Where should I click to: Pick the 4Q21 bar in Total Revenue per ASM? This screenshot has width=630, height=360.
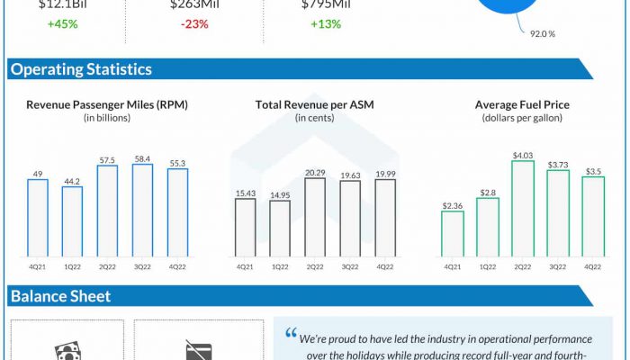pos(245,225)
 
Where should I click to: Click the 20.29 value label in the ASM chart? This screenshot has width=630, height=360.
pos(315,172)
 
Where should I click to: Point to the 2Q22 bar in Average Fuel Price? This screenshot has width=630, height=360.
pos(523,206)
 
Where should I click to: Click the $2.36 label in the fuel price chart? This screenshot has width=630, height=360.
pos(453,205)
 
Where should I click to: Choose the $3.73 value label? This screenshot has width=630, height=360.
pos(558,164)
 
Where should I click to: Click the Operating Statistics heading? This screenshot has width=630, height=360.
pos(81,69)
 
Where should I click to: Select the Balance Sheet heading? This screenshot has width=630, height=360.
pos(60,296)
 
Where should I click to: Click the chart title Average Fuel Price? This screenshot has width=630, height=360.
pos(522,105)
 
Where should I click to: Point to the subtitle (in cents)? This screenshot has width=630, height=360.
pos(314,119)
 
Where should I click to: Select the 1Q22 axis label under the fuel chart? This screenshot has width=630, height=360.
pos(488,266)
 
